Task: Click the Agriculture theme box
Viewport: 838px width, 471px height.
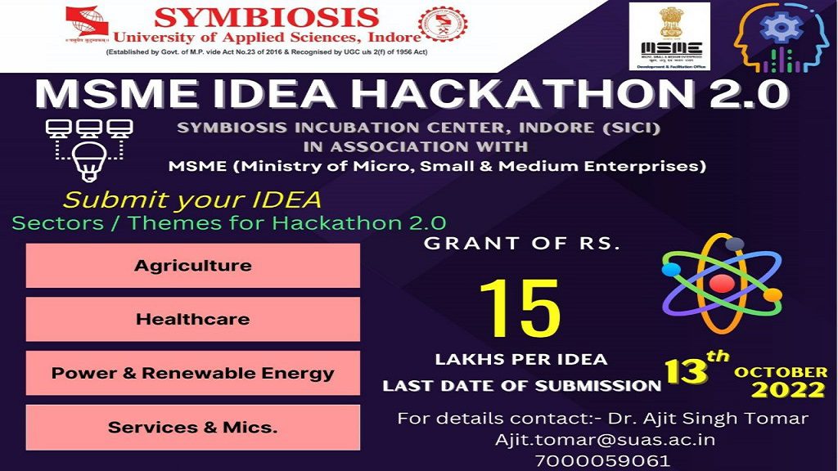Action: click(x=193, y=266)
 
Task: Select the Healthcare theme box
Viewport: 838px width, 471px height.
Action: click(x=193, y=319)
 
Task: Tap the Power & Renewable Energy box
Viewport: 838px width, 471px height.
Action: click(x=193, y=373)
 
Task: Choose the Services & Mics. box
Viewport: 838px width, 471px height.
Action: click(x=193, y=427)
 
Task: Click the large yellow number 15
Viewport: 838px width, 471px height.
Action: click(x=520, y=310)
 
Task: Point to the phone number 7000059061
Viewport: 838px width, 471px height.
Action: click(x=605, y=460)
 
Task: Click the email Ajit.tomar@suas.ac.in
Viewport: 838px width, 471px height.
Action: click(x=605, y=439)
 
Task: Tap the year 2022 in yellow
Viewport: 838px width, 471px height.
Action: click(x=788, y=390)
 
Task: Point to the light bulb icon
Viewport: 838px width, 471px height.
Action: click(x=88, y=159)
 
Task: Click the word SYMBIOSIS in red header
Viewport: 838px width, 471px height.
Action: click(x=267, y=17)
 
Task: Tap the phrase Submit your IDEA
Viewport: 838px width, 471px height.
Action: click(x=192, y=200)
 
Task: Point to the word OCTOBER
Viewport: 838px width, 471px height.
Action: click(x=780, y=372)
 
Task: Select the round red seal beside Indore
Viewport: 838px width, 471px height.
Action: click(x=444, y=29)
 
